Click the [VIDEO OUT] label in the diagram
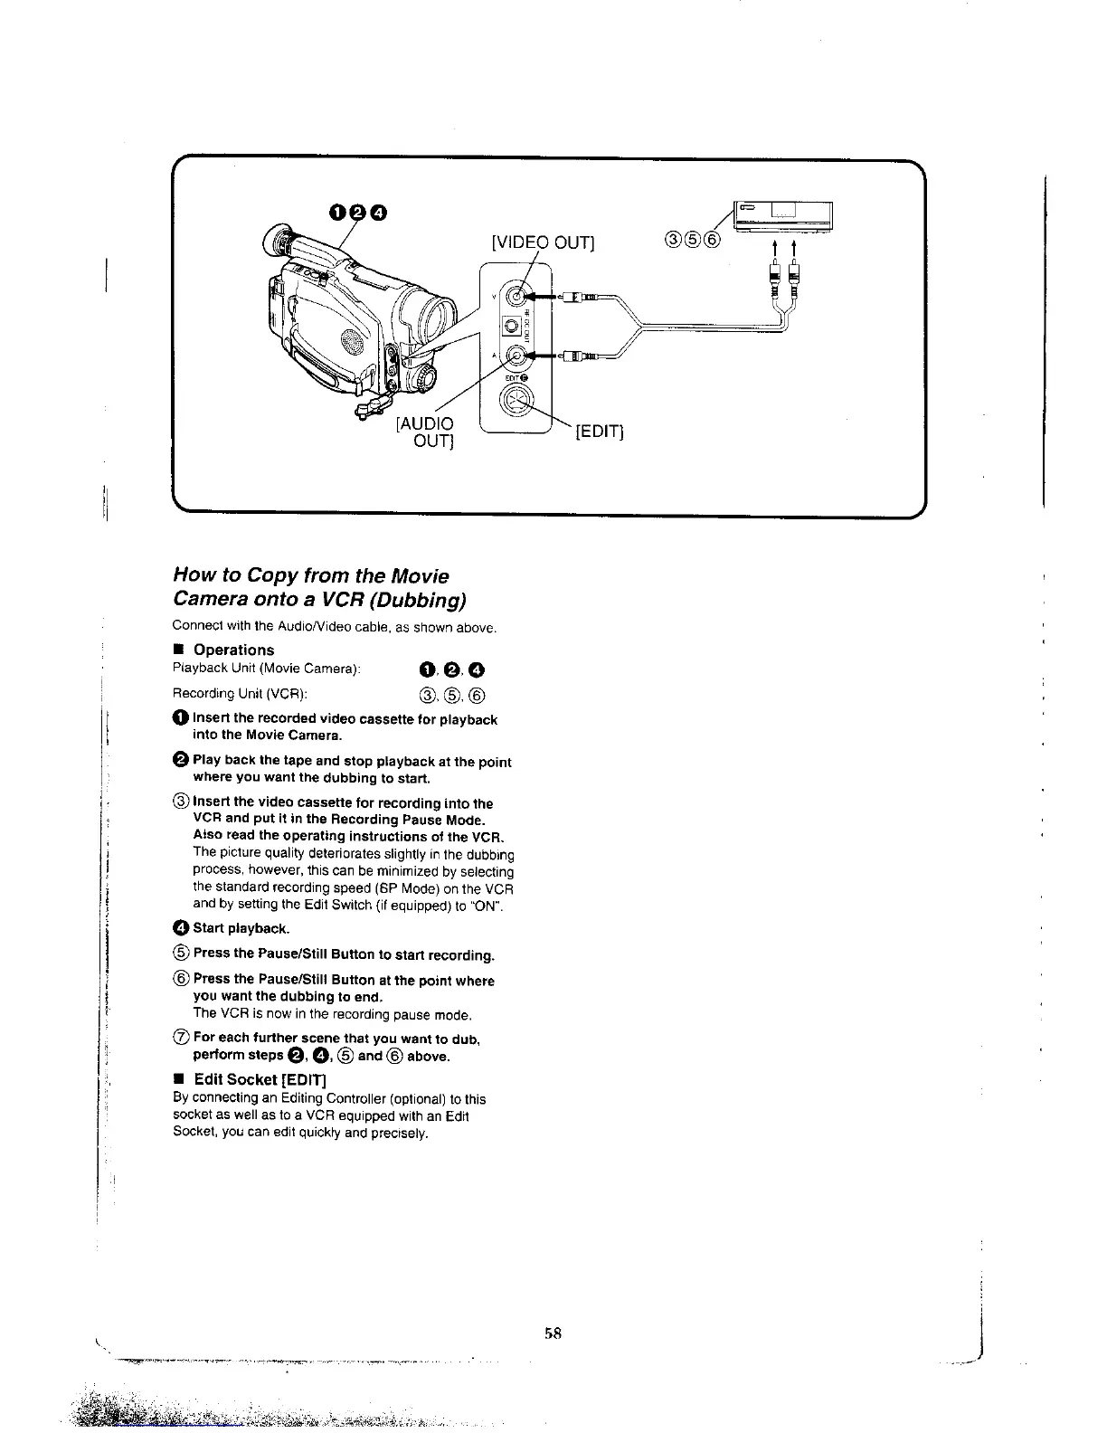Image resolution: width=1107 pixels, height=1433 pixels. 542,242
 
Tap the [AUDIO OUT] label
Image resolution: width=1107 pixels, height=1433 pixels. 426,432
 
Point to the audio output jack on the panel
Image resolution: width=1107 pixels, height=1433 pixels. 516,356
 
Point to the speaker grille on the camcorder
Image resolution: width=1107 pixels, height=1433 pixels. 349,342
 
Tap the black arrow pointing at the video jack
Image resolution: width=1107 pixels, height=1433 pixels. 540,296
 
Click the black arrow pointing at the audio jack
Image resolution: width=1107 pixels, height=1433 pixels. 540,356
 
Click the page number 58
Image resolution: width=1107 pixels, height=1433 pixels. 553,1332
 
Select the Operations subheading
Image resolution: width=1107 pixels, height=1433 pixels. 233,650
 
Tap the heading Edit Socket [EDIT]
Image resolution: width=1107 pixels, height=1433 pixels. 260,1079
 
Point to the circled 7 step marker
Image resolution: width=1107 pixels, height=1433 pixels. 180,1038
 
